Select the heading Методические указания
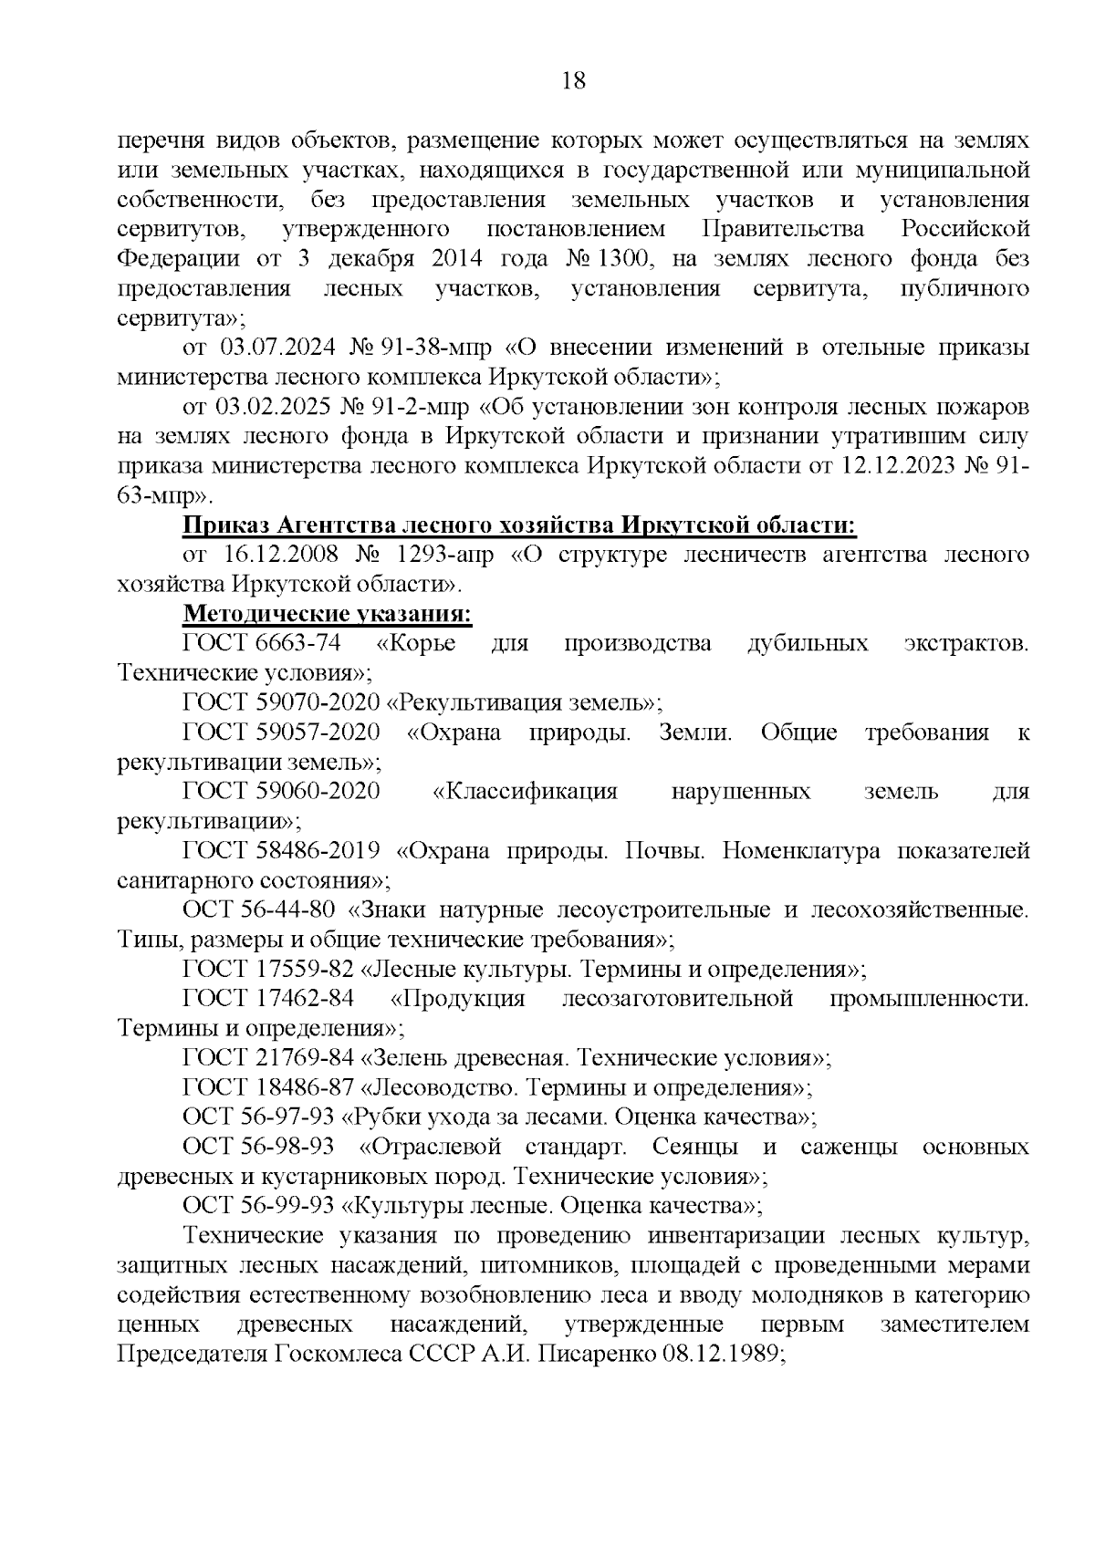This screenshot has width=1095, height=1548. [x=328, y=614]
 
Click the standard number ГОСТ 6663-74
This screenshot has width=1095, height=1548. [x=262, y=644]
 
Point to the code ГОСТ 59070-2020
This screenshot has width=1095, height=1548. [x=281, y=703]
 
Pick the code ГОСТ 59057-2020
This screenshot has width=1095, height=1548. [x=281, y=733]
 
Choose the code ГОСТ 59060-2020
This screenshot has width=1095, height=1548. [x=281, y=792]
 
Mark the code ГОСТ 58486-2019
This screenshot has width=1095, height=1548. [x=282, y=851]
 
